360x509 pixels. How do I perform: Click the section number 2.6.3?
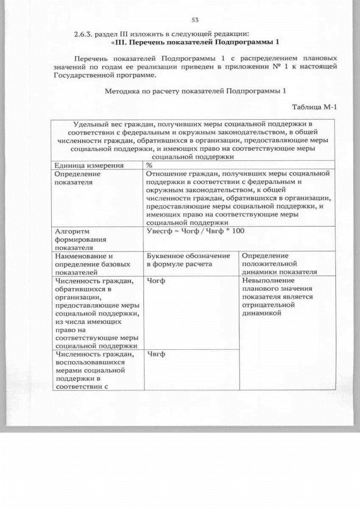point(84,34)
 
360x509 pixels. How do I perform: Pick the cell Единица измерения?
point(81,166)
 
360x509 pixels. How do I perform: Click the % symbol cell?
point(150,166)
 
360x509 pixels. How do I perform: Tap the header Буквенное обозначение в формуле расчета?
point(188,260)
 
